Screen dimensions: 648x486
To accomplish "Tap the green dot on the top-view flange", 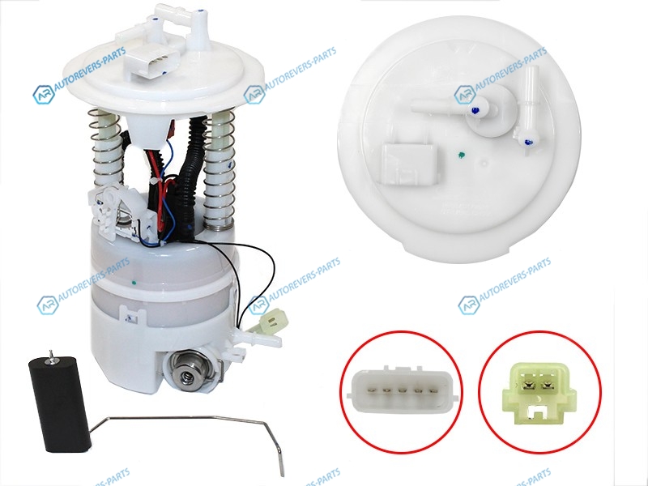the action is pos(461,156).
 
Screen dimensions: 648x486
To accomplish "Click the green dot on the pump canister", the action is pos(134,283).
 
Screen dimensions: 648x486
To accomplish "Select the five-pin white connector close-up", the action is pos(402,390).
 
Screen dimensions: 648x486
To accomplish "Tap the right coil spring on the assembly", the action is pos(219,169).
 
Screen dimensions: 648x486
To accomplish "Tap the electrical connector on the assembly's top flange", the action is pos(151,62).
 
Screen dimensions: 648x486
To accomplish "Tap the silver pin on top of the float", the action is pos(51,356).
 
